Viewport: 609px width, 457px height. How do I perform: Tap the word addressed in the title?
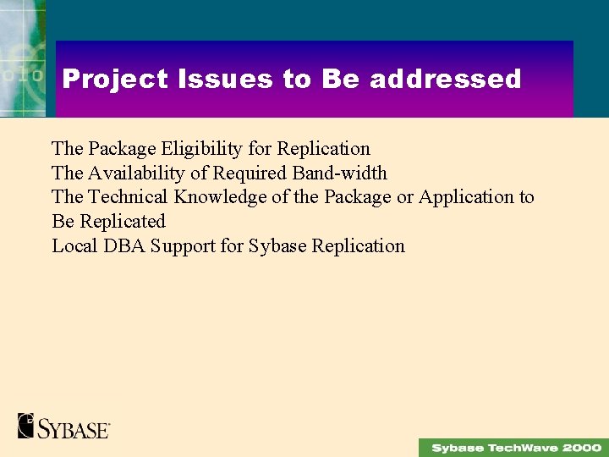[x=446, y=80]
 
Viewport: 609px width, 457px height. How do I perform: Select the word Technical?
[x=129, y=197]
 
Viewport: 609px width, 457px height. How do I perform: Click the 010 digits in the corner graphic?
[x=20, y=74]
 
